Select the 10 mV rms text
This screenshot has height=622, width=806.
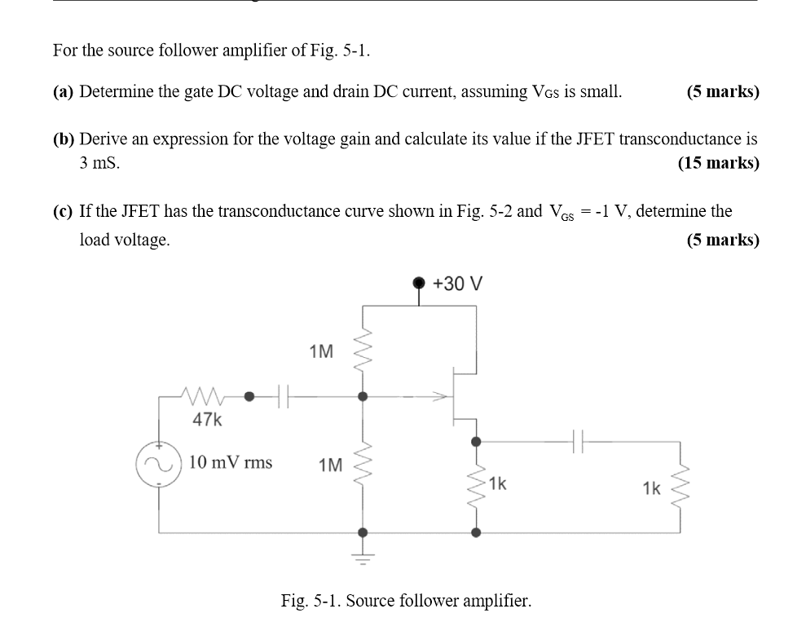tap(231, 463)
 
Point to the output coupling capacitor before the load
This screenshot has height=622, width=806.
tap(576, 443)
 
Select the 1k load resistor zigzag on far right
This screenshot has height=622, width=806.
tap(683, 487)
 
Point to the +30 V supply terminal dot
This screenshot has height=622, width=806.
tap(420, 283)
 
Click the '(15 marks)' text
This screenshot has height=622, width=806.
tap(718, 163)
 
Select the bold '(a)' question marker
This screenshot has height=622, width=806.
tap(64, 92)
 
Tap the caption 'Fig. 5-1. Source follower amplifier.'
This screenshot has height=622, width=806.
tap(406, 602)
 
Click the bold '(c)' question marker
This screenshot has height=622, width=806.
tap(64, 212)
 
